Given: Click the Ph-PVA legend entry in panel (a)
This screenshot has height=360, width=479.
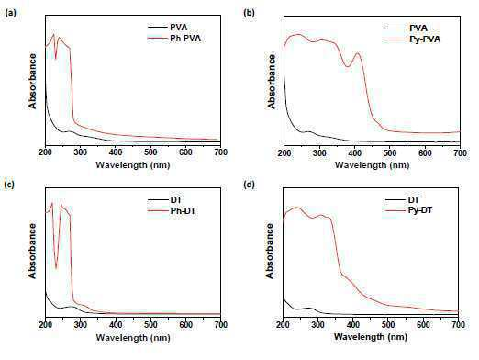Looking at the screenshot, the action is click(x=174, y=39).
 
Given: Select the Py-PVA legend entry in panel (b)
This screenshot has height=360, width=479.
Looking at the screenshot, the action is click(x=414, y=39).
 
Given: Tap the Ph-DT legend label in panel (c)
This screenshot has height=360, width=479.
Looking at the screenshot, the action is click(x=172, y=211).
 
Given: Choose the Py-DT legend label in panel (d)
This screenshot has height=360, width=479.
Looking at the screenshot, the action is click(x=408, y=210).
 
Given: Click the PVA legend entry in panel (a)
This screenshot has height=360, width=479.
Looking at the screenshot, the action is click(x=168, y=27).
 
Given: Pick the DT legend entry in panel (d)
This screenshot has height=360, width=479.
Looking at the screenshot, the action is click(x=402, y=200).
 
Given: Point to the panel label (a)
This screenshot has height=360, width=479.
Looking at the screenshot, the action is click(x=11, y=13).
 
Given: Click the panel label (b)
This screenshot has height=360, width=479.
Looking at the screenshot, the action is click(x=249, y=13).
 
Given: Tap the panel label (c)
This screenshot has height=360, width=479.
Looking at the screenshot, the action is click(x=10, y=185).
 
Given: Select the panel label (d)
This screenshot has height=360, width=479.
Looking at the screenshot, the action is click(x=249, y=185).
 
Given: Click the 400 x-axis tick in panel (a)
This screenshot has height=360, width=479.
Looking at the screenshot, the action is click(x=116, y=152).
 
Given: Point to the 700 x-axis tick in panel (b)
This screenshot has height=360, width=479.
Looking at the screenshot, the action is click(x=460, y=152).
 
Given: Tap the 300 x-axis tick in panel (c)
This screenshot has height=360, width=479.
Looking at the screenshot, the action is click(x=81, y=325).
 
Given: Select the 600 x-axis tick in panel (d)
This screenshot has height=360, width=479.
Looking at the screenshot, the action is click(x=424, y=324).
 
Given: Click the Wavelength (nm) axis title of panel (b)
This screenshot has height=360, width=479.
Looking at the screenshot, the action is click(x=373, y=165).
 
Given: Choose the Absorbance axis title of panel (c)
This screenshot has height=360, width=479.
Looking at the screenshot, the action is click(x=32, y=251).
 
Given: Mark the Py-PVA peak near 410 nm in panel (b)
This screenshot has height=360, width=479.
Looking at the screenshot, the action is click(x=357, y=53).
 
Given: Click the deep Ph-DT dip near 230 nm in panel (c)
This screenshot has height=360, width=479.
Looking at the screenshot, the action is click(x=56, y=268).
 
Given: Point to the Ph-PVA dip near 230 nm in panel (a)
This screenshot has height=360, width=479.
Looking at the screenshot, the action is click(x=56, y=59).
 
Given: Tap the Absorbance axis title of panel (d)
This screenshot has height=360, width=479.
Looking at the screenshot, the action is click(x=270, y=251).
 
